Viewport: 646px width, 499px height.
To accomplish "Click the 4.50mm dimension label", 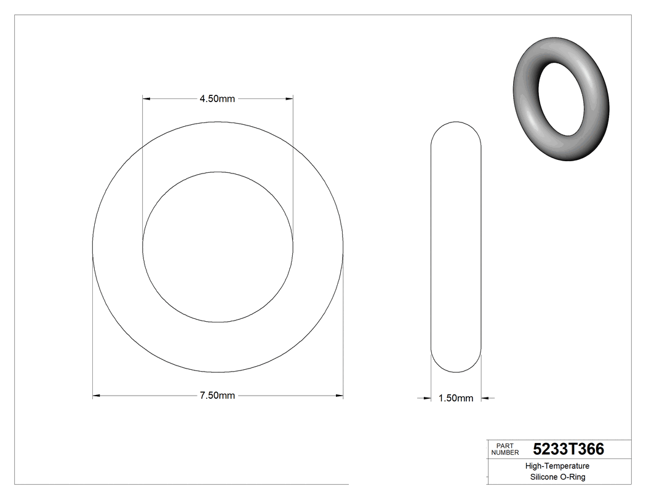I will point(217,98).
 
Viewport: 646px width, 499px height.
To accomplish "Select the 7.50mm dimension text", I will point(217,396).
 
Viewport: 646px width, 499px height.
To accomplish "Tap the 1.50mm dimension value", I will point(456,398).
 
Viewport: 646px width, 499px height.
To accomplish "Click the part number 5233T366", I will point(568,449).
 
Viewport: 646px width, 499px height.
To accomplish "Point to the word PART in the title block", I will point(504,445).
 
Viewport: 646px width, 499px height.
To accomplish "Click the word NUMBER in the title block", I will point(505,452).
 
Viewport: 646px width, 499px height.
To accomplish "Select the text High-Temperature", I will point(558,466).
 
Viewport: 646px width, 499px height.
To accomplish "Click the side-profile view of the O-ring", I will point(456,246).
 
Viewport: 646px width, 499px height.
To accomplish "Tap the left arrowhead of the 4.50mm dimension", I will point(146,98).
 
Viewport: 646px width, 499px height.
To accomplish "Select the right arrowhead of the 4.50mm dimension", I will point(289,98).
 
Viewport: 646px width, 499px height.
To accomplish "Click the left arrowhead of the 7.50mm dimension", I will point(96,396).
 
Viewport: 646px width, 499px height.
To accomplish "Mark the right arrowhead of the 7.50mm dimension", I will point(339,396).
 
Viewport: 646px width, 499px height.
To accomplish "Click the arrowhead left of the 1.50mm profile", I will point(426,398).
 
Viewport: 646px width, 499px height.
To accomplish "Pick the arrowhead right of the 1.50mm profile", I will point(485,398).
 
